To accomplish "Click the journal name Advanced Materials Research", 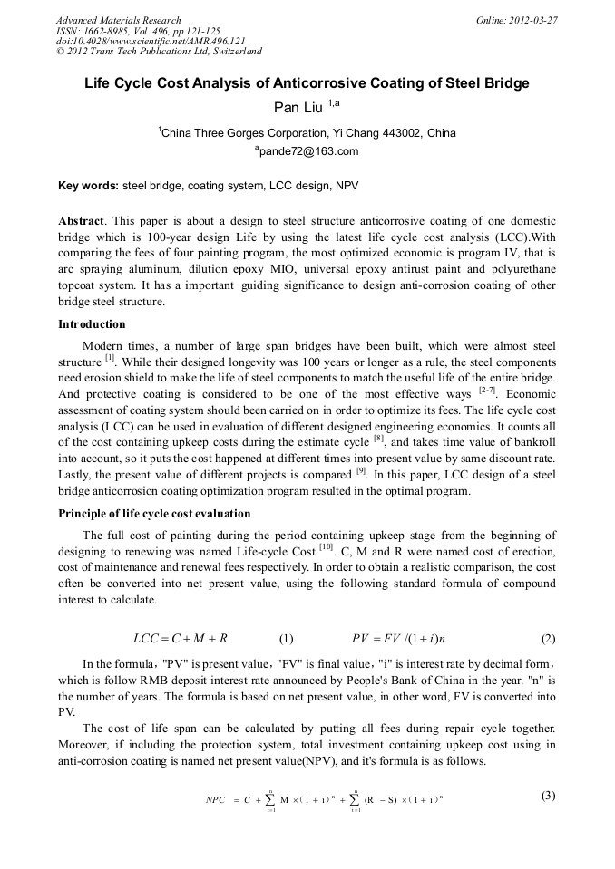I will [119, 20].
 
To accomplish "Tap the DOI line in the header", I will [151, 41].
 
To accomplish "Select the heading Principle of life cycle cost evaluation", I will [154, 514].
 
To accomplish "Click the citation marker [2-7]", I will [486, 390].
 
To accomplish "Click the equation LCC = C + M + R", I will [180, 637].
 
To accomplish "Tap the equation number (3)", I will [547, 796].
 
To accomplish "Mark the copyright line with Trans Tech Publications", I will [159, 52].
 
